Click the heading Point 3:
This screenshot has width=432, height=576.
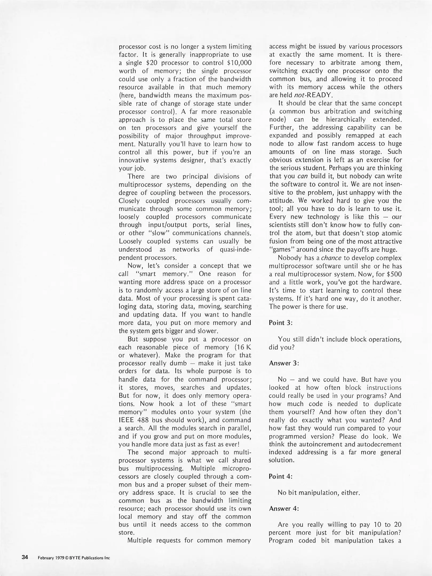coord(281,323)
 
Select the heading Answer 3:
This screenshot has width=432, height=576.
coord(284,363)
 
